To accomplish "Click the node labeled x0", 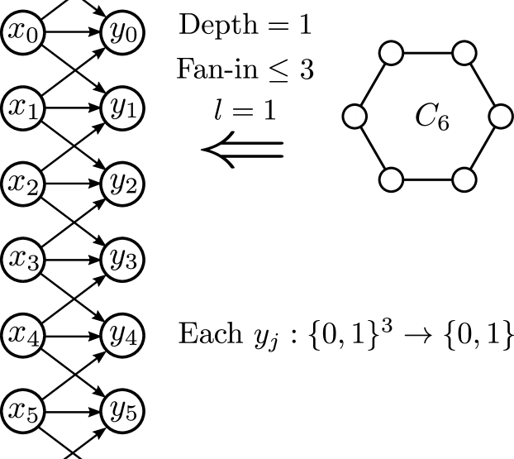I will click(x=23, y=33).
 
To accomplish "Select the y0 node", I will click(x=122, y=33).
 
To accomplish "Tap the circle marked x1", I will click(x=23, y=108).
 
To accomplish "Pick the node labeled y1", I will click(x=122, y=108).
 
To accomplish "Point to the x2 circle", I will click(x=23, y=184).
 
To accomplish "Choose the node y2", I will click(x=122, y=184).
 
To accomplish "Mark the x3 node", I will click(x=23, y=260).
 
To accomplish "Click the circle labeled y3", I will click(x=122, y=260).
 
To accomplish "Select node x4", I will click(x=23, y=335).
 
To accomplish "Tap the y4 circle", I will click(x=122, y=335).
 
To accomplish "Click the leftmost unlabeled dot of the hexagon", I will click(x=355, y=117).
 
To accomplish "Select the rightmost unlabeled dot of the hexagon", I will click(x=501, y=117).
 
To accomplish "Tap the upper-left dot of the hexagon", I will click(x=391, y=54).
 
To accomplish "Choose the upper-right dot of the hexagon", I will click(x=464, y=54).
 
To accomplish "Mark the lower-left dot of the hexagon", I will click(x=391, y=179).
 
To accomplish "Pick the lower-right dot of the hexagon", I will click(x=464, y=179).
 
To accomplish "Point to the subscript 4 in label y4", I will click(x=131, y=340).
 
